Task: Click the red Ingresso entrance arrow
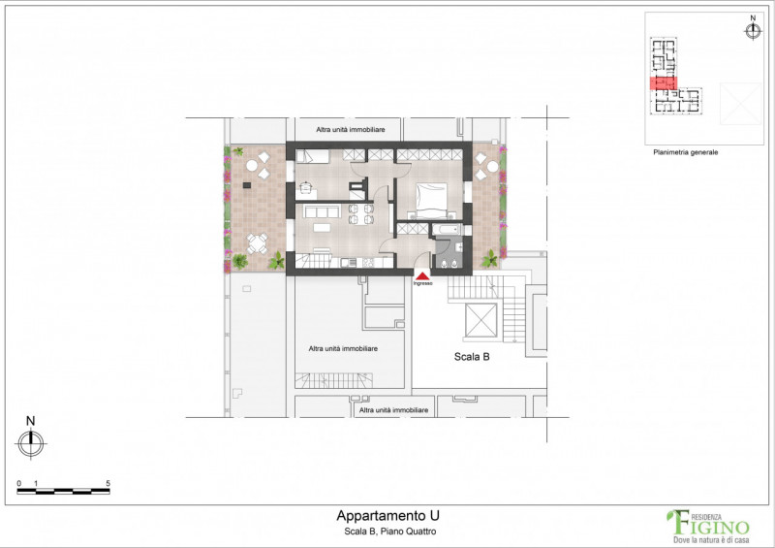tap(422, 275)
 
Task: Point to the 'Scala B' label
tap(472, 357)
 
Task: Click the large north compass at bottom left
tap(31, 443)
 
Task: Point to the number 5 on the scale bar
tap(108, 483)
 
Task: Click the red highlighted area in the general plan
tap(662, 83)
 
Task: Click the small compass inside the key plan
tap(753, 30)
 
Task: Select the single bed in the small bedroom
tap(314, 155)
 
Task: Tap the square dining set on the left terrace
tap(256, 243)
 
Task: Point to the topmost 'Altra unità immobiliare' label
tap(352, 129)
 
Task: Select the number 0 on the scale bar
tap(19, 483)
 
